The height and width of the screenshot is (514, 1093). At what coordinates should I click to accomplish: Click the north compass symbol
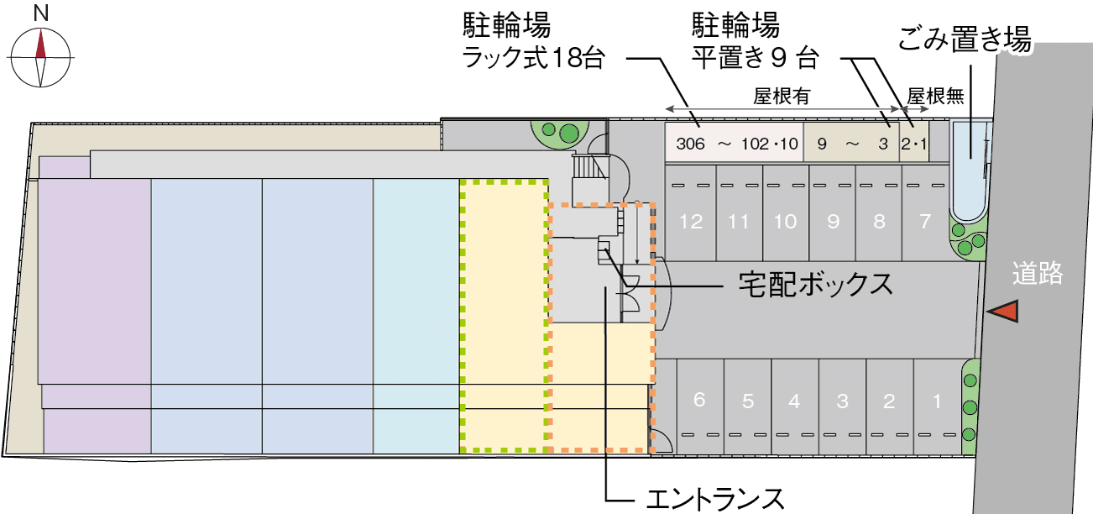40,56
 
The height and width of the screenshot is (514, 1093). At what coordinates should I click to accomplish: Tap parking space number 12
692,222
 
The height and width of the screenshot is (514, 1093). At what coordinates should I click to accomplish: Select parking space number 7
925,222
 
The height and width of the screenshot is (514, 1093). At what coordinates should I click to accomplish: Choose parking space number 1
937,401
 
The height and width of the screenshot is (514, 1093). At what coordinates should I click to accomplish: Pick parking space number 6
699,400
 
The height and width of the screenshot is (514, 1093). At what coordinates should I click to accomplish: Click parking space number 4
794,401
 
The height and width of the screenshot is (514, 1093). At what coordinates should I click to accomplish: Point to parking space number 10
785,222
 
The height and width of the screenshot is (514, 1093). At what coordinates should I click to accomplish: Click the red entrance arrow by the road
1003,312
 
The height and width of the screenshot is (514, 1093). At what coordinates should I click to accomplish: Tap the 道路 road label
1038,274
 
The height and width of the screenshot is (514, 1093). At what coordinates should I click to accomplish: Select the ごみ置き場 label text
964,39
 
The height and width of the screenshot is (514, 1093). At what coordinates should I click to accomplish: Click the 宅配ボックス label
815,285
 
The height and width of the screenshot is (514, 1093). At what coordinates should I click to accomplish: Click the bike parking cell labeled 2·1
913,143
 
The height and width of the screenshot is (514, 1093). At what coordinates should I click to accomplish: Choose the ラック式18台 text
534,59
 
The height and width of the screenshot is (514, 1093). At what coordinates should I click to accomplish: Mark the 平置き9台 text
754,59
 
